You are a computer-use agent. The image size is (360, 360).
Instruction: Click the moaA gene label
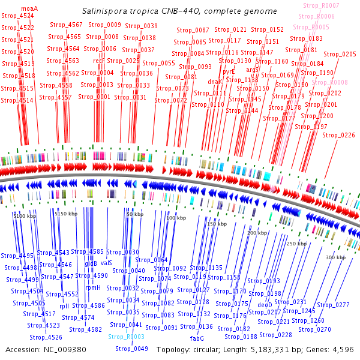coord(29,8)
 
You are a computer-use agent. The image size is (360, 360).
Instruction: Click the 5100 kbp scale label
coord(25,215)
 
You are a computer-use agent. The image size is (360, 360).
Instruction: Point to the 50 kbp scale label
coord(135,214)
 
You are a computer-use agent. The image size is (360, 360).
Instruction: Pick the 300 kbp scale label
coord(336,257)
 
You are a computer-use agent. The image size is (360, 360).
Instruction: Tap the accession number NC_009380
coord(62,349)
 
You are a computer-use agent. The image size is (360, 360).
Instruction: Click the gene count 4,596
coord(344,349)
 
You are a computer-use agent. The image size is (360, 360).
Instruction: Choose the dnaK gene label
coord(215,82)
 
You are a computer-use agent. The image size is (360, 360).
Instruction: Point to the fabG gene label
coord(197,338)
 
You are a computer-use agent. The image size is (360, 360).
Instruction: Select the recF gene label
coord(99,61)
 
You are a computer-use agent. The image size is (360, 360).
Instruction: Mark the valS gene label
coord(106,263)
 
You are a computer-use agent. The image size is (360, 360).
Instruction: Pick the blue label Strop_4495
coord(18,256)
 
